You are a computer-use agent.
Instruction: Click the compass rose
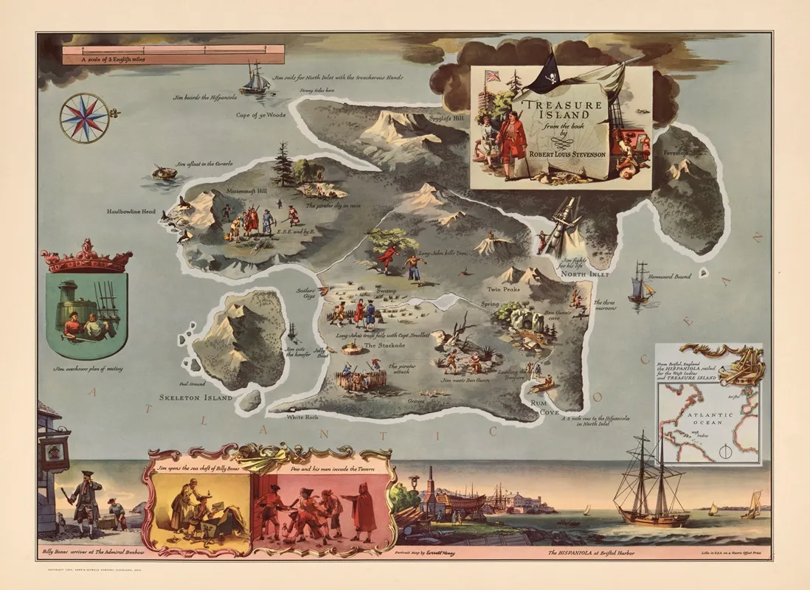click(x=84, y=117)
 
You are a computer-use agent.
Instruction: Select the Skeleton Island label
click(x=195, y=398)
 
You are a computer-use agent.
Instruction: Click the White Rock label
click(x=302, y=417)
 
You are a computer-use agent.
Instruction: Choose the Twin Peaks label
click(x=503, y=290)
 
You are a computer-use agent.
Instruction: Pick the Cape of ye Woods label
click(x=260, y=115)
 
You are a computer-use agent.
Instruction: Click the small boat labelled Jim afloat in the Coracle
click(x=165, y=173)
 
